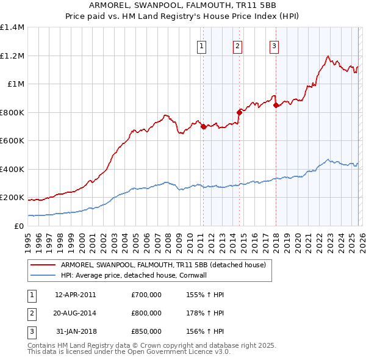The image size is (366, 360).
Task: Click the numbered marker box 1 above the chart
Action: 202,46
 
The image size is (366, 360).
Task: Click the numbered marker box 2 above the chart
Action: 237,46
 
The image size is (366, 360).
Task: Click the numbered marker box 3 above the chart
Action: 274,46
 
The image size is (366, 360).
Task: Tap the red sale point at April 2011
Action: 203,127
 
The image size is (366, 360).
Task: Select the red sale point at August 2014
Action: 239,112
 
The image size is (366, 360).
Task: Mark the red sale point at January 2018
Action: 276,106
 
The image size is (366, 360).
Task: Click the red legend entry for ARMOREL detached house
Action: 163,265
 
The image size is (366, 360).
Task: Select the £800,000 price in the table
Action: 146,313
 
